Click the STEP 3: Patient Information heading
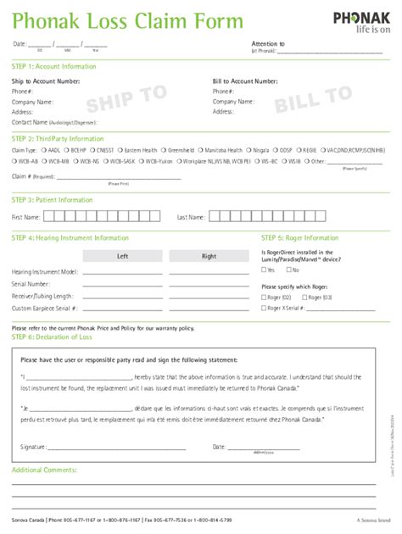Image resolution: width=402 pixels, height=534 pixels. point(53,200)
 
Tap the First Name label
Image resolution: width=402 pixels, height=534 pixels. point(26,218)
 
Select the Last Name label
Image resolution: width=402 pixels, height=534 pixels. point(190,218)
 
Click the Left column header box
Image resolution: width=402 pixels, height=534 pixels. point(122,256)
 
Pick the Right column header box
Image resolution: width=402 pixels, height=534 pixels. point(209,256)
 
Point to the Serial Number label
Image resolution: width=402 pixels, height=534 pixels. point(31,284)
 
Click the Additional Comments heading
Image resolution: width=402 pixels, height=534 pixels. point(44,469)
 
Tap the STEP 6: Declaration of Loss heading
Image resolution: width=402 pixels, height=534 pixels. point(52,337)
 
